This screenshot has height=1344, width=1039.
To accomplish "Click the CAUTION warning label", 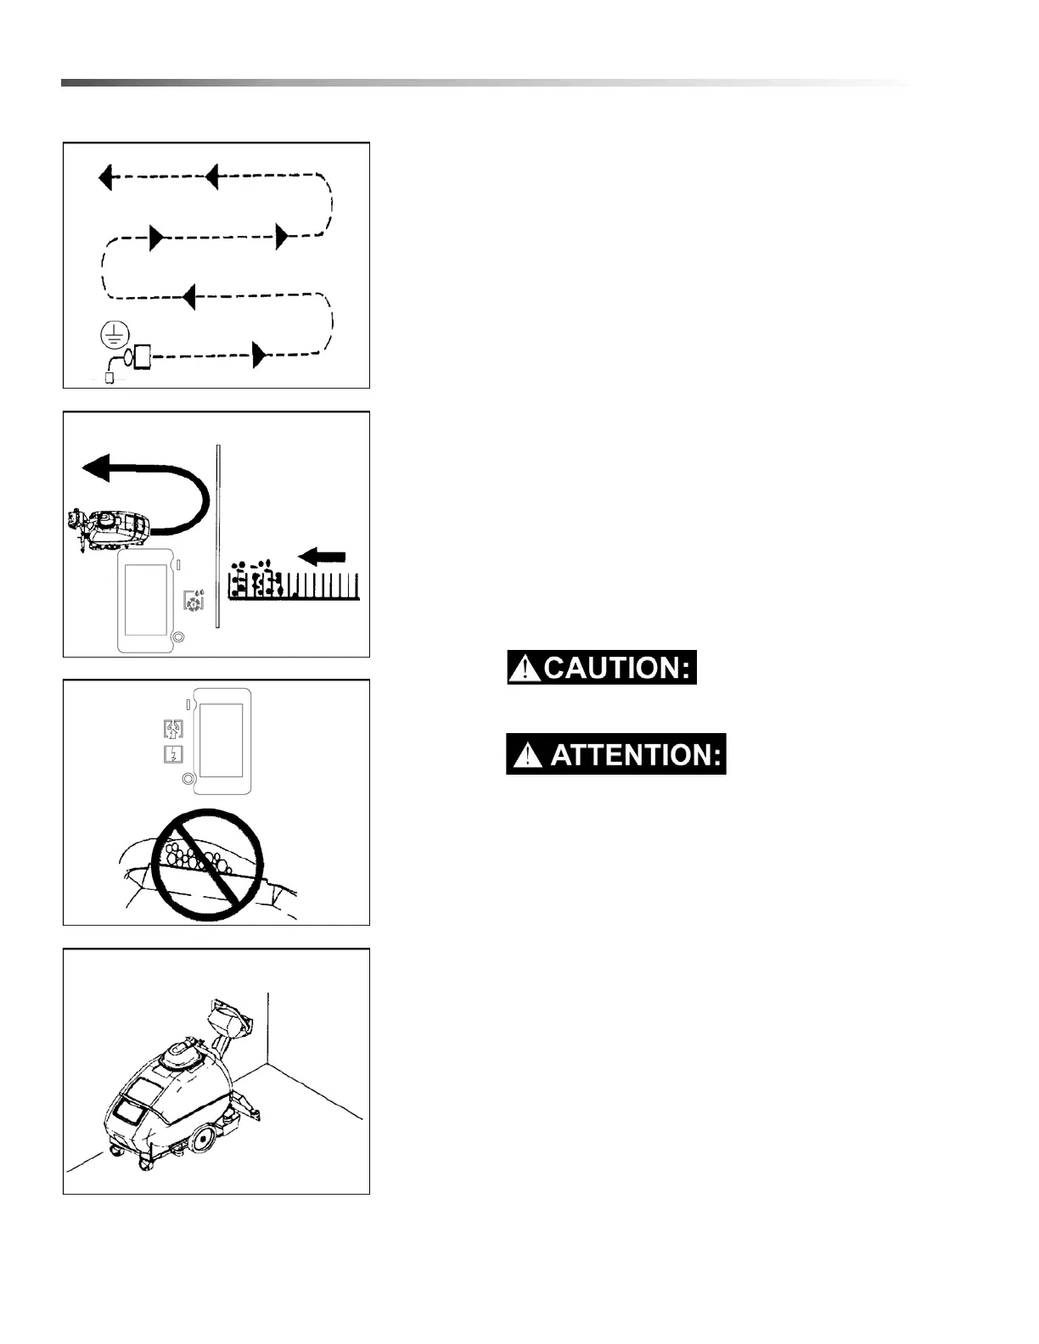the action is [x=601, y=668].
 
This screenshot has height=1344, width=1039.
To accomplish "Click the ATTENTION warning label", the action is [x=615, y=754].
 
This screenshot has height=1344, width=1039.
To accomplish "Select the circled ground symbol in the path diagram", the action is [x=112, y=336].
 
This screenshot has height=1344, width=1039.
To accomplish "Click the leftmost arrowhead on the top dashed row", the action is [x=104, y=178].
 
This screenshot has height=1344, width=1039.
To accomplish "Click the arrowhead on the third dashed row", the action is [x=189, y=297].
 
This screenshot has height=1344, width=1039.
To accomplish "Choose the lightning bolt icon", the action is [x=173, y=754].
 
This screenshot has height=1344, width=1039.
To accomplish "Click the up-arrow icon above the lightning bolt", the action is [x=173, y=729].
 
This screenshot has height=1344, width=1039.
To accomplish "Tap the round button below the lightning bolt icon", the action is [x=188, y=779].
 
